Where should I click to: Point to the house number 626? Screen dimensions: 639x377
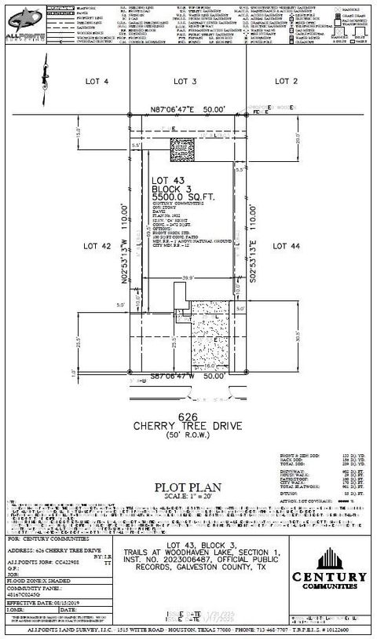[x=185, y=417]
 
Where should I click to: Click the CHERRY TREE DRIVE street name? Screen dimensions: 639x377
[x=186, y=427]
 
